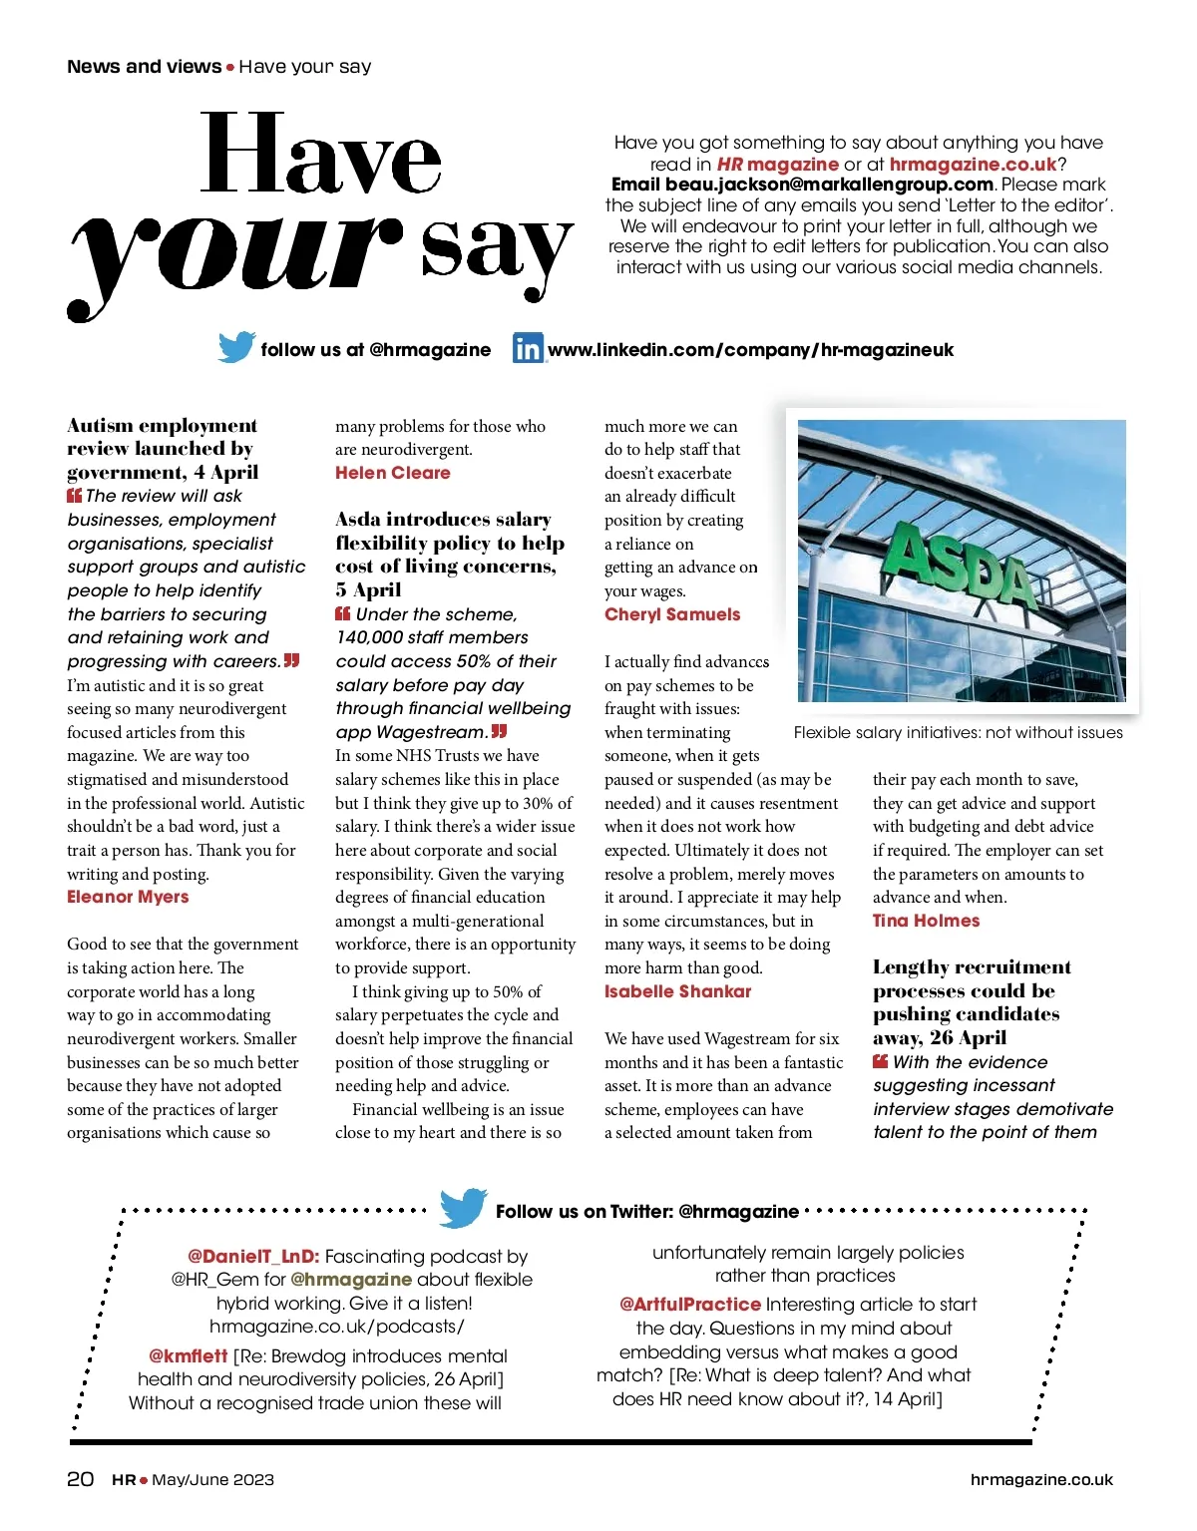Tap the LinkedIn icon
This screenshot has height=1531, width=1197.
pyautogui.click(x=528, y=349)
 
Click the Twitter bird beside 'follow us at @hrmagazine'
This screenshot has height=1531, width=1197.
pyautogui.click(x=236, y=347)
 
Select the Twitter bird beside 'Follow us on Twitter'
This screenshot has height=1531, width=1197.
pyautogui.click(x=463, y=1208)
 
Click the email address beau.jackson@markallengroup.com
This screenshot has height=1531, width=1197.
pyautogui.click(x=802, y=185)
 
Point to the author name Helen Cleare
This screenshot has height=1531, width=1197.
pyautogui.click(x=393, y=473)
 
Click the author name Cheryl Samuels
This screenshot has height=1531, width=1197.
pyautogui.click(x=672, y=614)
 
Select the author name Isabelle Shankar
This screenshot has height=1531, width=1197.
pyautogui.click(x=677, y=991)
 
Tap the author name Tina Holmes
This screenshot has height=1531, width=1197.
pyautogui.click(x=926, y=921)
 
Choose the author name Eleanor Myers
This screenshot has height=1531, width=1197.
pyautogui.click(x=128, y=897)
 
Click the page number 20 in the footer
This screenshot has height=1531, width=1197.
pyautogui.click(x=81, y=1479)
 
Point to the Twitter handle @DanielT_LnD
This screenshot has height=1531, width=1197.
pyautogui.click(x=253, y=1257)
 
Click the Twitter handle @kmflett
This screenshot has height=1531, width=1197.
pyautogui.click(x=189, y=1356)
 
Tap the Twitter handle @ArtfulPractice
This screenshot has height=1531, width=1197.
pyautogui.click(x=690, y=1305)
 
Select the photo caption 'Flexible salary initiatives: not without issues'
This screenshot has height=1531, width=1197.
pyautogui.click(x=958, y=733)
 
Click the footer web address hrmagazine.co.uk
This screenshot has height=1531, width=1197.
pyautogui.click(x=1041, y=1480)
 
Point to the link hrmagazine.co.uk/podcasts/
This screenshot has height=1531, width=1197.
pyautogui.click(x=337, y=1327)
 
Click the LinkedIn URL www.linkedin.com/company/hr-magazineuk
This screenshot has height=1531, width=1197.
pyautogui.click(x=750, y=350)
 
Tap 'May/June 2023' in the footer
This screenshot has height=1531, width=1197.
pyautogui.click(x=212, y=1480)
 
